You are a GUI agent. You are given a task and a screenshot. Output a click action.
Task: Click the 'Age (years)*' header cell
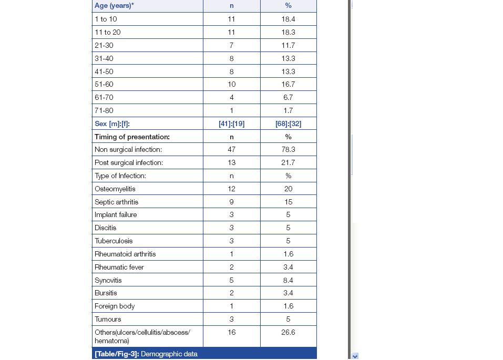pyautogui.click(x=114, y=6)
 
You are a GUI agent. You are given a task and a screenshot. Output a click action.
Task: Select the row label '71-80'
pyautogui.click(x=104, y=110)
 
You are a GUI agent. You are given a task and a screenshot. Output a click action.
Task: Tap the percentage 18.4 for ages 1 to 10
pyautogui.click(x=288, y=19)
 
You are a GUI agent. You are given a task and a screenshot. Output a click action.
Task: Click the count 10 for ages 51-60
pyautogui.click(x=231, y=84)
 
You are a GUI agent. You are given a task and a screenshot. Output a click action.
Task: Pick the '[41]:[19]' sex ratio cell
pyautogui.click(x=231, y=124)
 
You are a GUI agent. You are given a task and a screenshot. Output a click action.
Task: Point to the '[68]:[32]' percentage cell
pyautogui.click(x=288, y=124)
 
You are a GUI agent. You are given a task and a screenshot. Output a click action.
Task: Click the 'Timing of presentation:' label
pyautogui.click(x=132, y=137)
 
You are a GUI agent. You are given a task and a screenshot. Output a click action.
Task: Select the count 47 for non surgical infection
pyautogui.click(x=231, y=149)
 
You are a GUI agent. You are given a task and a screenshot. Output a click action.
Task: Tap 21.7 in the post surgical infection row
pyautogui.click(x=288, y=162)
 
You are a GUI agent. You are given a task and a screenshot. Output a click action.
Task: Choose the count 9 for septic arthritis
pyautogui.click(x=231, y=202)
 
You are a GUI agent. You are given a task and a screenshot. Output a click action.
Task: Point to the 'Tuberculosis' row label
pyautogui.click(x=114, y=241)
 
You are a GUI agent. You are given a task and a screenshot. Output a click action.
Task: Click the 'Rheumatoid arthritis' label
pyautogui.click(x=125, y=254)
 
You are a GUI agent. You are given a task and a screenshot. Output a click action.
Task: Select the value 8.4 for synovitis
pyautogui.click(x=288, y=280)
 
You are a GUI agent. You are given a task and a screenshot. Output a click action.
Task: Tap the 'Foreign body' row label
pyautogui.click(x=115, y=306)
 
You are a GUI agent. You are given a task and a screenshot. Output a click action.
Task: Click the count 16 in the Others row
pyautogui.click(x=231, y=332)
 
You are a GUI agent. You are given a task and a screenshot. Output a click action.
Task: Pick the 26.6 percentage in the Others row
pyautogui.click(x=288, y=332)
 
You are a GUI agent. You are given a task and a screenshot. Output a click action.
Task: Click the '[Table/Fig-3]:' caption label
pyautogui.click(x=117, y=354)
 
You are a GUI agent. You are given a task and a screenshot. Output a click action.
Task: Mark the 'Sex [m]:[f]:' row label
pyautogui.click(x=112, y=124)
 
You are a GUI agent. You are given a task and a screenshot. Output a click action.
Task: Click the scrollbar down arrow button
pyautogui.click(x=355, y=356)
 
